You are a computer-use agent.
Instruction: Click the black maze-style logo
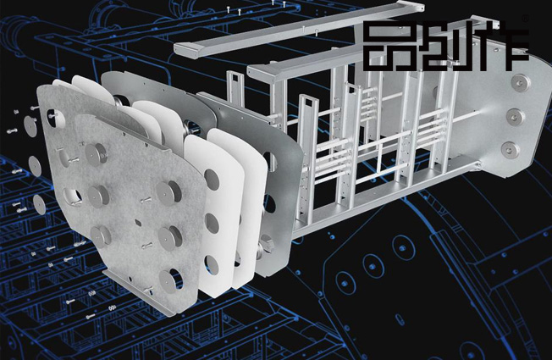[446, 46]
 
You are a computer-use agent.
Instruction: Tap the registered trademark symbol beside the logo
[526, 19]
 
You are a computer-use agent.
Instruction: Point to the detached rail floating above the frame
[299, 30]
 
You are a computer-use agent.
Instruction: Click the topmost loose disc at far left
[30, 126]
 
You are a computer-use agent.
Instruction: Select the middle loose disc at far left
[34, 166]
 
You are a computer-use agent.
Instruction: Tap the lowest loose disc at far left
[39, 203]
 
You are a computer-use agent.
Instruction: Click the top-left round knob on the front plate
[95, 154]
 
